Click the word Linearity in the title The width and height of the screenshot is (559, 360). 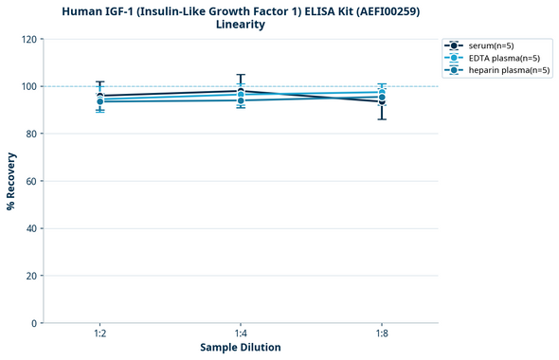(241, 25)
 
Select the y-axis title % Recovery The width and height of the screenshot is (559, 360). (11, 181)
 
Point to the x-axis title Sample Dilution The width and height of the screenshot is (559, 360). (241, 348)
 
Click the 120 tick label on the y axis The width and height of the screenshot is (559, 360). (28, 39)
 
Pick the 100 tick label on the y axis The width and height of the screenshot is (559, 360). (28, 86)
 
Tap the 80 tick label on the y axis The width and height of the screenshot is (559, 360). (31, 134)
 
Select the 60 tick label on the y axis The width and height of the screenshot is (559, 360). (31, 181)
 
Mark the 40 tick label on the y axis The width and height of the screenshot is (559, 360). (31, 228)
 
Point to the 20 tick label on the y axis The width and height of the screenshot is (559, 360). (31, 276)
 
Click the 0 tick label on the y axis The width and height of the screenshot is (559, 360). (34, 323)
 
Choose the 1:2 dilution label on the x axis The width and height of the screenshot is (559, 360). (99, 333)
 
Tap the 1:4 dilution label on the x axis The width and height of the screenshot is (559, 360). (241, 333)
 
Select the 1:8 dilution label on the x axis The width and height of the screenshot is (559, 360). (382, 333)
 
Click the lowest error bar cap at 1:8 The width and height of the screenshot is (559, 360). (382, 118)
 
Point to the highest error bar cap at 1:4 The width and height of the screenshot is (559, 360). (241, 75)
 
